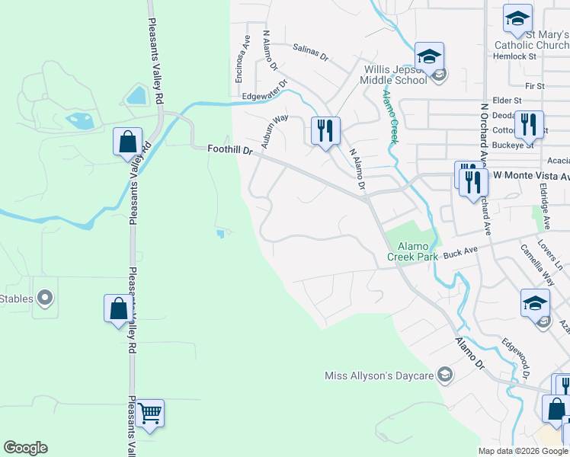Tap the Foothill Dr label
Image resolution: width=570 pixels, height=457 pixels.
229,151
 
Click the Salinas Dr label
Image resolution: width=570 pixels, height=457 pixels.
310,52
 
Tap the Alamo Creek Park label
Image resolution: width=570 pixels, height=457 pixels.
418,251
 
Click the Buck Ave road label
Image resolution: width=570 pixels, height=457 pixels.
460,251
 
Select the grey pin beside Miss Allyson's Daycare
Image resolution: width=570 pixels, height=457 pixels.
445,375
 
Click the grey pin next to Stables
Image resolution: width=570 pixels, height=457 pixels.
45,299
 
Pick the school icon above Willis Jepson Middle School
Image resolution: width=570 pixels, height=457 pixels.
429,56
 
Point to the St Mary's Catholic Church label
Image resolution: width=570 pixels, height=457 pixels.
531,39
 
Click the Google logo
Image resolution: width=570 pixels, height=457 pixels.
25,448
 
